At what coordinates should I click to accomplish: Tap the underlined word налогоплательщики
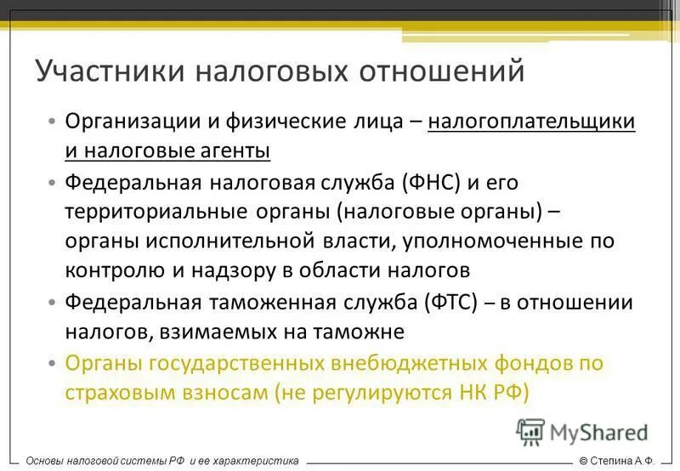(531, 121)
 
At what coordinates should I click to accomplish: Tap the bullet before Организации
(53, 122)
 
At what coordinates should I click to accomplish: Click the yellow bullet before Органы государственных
(53, 363)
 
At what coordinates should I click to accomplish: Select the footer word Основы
(48, 460)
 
